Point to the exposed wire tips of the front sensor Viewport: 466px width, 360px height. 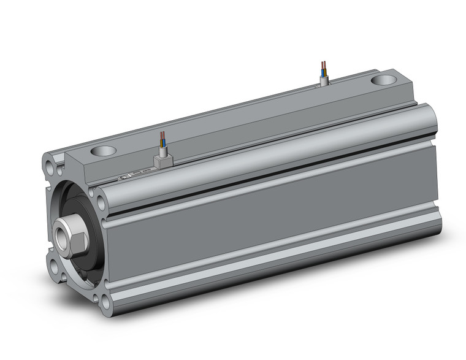162,136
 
